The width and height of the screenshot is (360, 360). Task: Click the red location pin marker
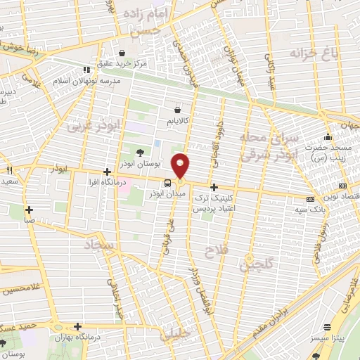(181, 165)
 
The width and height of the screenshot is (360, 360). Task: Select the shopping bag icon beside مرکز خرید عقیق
(122, 53)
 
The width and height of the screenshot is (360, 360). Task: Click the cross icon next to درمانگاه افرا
(107, 172)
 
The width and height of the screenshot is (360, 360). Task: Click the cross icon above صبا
(30, 209)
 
